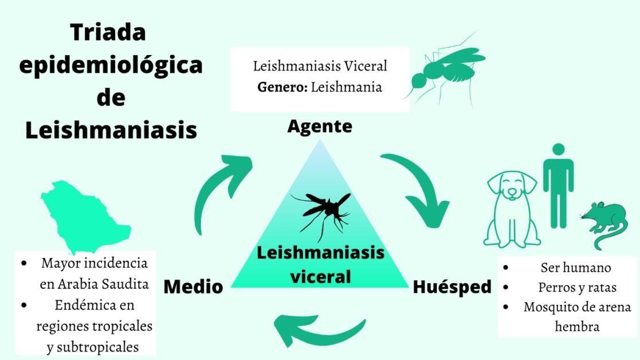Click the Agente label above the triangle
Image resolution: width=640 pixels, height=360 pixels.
tap(320, 127)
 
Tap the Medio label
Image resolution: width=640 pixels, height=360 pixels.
tap(193, 286)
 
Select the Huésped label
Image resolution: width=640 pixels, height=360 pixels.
tap(452, 286)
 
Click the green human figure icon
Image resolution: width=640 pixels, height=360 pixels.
tap(558, 184)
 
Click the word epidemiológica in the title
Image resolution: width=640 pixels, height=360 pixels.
tap(111, 65)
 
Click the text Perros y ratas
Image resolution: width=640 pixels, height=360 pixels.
tap(576, 287)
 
